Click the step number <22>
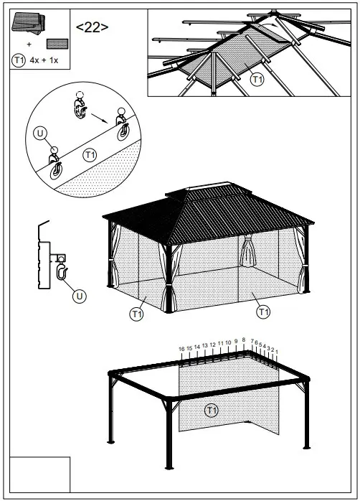click(x=93, y=27)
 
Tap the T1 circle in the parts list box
click(x=19, y=60)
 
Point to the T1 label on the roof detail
click(x=257, y=80)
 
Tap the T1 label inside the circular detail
click(x=90, y=154)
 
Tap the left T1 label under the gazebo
click(x=136, y=313)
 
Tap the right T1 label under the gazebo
click(x=263, y=312)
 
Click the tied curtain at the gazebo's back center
click(x=248, y=250)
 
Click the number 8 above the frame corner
click(x=244, y=340)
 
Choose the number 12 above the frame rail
click(x=212, y=345)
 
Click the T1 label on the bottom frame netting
click(x=211, y=411)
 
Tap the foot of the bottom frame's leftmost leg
click(x=110, y=441)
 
